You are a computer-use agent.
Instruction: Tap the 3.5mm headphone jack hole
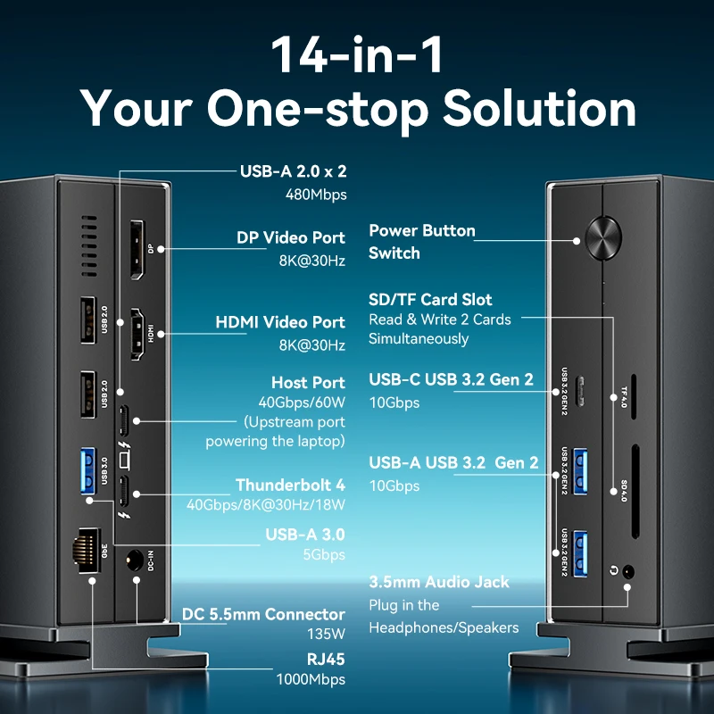pyautogui.click(x=630, y=571)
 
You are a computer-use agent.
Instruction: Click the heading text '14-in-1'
pyautogui.click(x=357, y=54)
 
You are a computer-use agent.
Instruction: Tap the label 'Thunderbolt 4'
pyautogui.click(x=290, y=486)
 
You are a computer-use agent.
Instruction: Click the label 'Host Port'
pyautogui.click(x=308, y=383)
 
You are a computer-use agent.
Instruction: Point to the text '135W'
pyautogui.click(x=327, y=635)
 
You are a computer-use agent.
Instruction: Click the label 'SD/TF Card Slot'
pyautogui.click(x=430, y=299)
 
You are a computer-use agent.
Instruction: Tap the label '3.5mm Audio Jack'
pyautogui.click(x=439, y=582)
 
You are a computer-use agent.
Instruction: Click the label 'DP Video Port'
pyautogui.click(x=290, y=238)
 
